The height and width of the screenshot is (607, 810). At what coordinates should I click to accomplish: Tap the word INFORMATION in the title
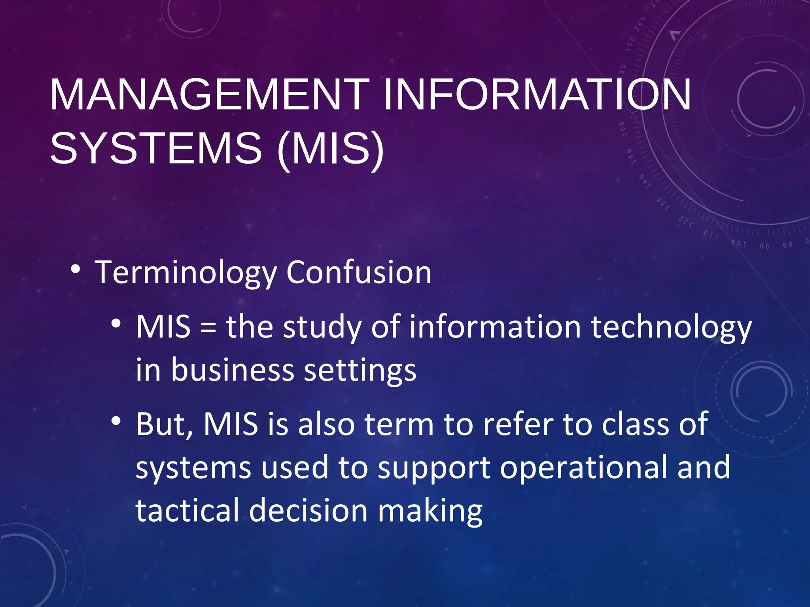537,95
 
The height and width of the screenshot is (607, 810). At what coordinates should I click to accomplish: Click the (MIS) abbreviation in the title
331,149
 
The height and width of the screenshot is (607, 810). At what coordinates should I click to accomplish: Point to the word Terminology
186,273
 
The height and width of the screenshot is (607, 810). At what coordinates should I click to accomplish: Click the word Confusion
359,273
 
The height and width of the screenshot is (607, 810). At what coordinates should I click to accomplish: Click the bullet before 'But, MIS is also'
116,421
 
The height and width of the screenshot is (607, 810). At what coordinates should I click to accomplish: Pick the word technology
671,327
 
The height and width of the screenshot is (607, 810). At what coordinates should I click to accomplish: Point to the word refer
518,424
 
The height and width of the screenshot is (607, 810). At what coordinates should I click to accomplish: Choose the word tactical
187,510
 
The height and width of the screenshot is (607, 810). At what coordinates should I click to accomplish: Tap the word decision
308,510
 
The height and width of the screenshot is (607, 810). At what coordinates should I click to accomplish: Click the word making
430,511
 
